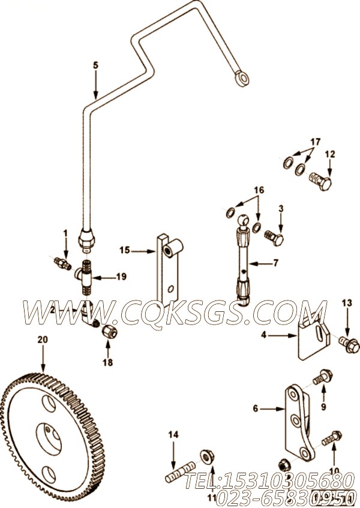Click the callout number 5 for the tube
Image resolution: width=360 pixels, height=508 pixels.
[x=94, y=66]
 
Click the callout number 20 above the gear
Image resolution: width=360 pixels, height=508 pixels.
[x=42, y=340]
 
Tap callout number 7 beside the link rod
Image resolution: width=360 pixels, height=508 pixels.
[x=275, y=263]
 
